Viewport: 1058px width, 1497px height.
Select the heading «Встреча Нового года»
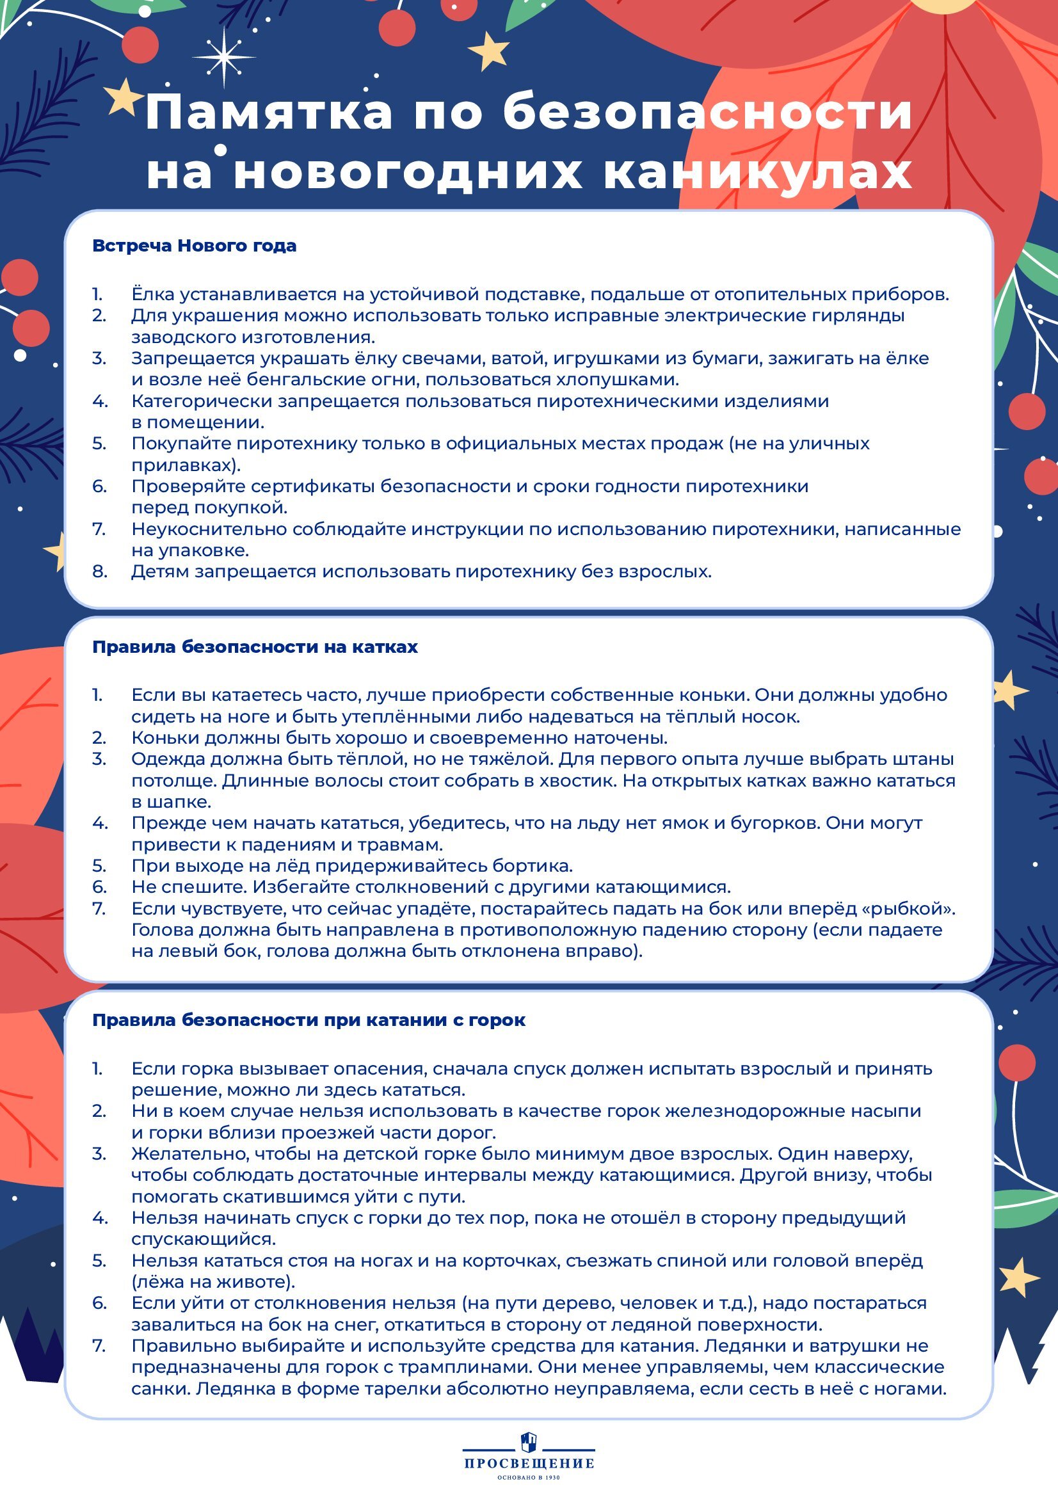coord(195,246)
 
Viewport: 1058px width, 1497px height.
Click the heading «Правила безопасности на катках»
coord(255,647)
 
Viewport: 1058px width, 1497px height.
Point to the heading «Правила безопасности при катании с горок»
coord(309,1020)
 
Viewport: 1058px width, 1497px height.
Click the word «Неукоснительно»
coord(208,529)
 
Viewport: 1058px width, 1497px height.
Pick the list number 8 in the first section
coord(99,572)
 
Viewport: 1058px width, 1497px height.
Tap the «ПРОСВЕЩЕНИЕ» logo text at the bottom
coord(529,1463)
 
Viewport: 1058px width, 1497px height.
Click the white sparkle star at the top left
coord(225,57)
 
